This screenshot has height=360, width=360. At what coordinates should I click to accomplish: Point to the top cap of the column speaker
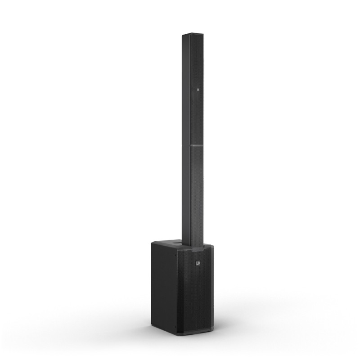click(x=192, y=34)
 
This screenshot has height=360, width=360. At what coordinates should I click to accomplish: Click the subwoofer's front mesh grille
click(x=198, y=292)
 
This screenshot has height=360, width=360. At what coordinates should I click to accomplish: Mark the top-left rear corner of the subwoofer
click(x=153, y=243)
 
